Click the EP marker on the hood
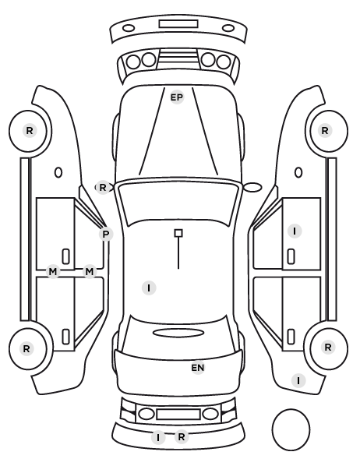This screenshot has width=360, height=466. coord(177,97)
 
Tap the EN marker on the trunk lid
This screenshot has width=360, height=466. coord(198,368)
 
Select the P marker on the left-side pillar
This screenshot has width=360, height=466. coord(105,235)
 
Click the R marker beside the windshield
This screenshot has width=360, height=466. coord(103,188)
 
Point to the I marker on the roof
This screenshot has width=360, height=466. coord(149,288)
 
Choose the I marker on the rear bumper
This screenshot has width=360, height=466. coord(158,437)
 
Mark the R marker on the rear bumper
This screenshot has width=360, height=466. coord(182,436)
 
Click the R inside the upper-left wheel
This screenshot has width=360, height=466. coord(30,130)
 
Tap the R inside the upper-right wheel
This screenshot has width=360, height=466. coord(325,130)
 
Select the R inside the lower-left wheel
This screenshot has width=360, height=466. coord(26,348)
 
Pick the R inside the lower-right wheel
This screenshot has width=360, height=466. coord(328,347)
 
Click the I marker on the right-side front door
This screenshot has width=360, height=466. coord(295,231)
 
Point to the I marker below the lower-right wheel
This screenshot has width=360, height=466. coord(298,380)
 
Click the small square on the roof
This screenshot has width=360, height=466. coord(178,233)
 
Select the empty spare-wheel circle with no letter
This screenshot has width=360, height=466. coord(291,429)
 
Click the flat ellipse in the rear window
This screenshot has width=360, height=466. coord(178,333)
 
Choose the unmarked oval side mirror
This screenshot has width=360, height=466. coord(252,187)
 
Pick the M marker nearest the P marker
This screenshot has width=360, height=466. coord(89,271)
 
